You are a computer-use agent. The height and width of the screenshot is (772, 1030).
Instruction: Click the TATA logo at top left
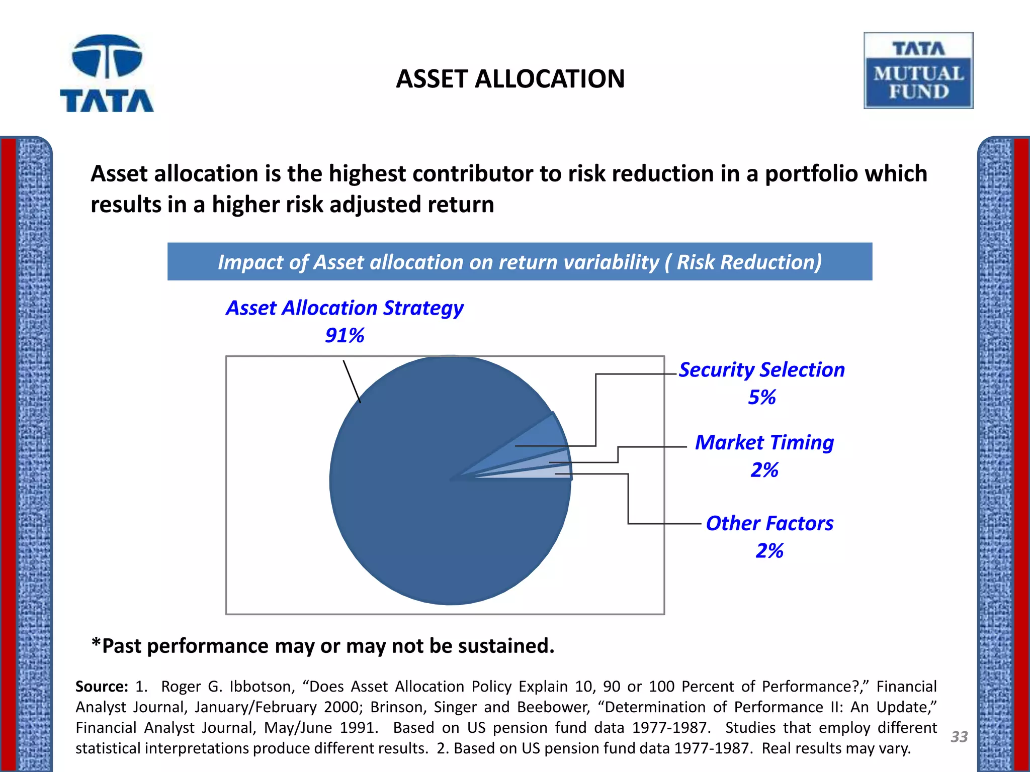click(107, 73)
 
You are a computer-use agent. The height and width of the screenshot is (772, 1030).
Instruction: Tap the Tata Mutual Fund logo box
click(918, 70)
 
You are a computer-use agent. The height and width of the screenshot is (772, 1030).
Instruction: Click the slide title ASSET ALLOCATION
click(510, 79)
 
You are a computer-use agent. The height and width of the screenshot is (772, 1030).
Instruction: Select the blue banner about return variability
click(520, 262)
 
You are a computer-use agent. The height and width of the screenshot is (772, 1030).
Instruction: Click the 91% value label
click(345, 335)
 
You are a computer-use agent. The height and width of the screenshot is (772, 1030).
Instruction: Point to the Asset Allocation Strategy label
click(345, 308)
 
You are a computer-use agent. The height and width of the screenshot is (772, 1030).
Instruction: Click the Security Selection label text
click(761, 369)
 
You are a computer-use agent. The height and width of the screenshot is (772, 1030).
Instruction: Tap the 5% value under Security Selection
click(761, 397)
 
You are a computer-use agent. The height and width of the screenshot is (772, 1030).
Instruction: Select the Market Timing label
click(764, 442)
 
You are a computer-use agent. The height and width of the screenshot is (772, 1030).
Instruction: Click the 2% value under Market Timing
click(764, 470)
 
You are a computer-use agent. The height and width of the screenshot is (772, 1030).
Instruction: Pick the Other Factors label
click(769, 523)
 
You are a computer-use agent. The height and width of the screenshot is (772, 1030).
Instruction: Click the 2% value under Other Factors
click(769, 551)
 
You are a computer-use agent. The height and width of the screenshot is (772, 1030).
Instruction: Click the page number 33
click(959, 737)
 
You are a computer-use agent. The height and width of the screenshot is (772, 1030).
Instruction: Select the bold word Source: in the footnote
click(102, 687)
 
